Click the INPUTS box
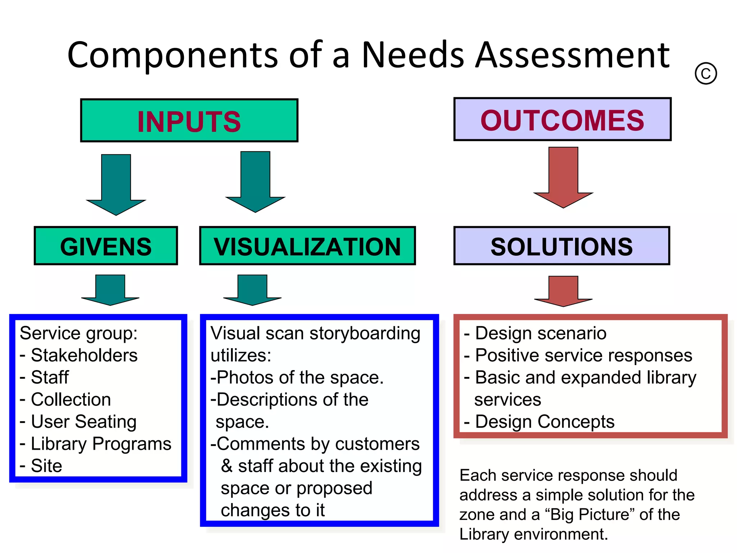coord(189,121)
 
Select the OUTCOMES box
coord(562,120)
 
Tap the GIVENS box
coord(106,246)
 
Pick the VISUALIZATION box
coord(308,246)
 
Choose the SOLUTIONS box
coord(562,246)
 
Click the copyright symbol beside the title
coord(706,73)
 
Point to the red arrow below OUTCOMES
coord(563,178)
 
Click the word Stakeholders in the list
coord(84,355)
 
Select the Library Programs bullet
coord(101,444)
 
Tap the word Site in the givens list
coord(46,466)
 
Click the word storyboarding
coord(365,333)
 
